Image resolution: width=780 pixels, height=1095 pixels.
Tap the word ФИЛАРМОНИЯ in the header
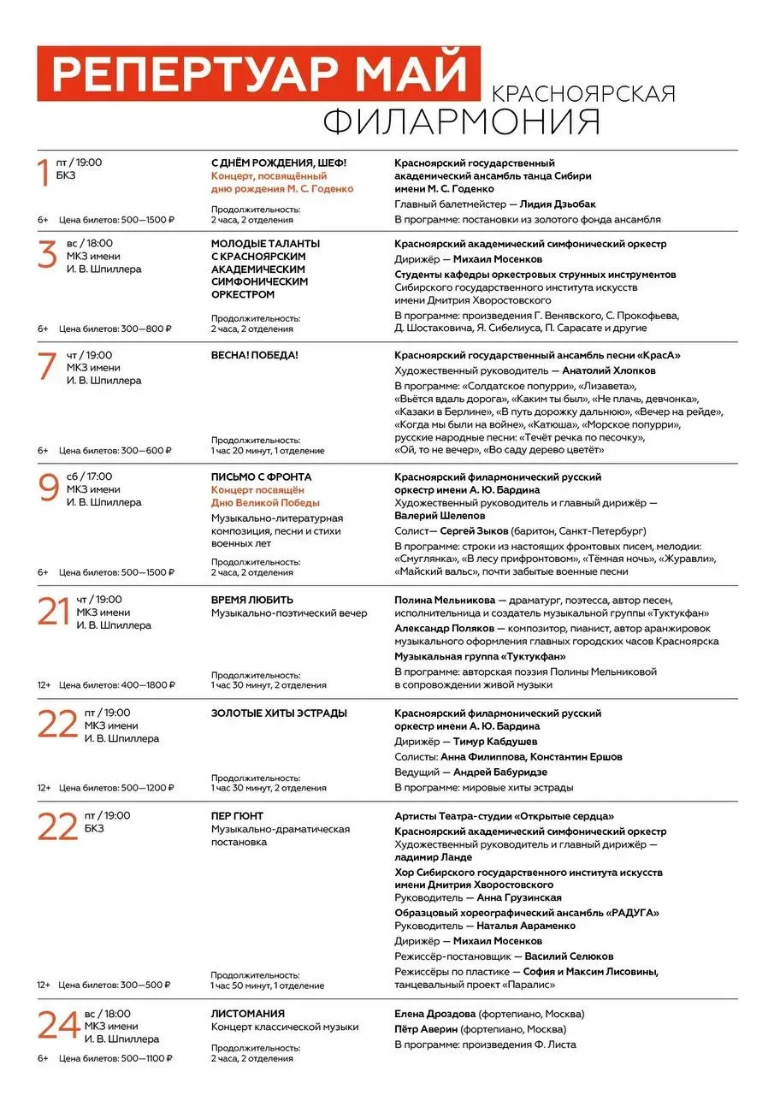click(461, 121)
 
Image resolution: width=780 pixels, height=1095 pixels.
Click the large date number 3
click(47, 255)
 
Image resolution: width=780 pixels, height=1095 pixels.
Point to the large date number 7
click(47, 366)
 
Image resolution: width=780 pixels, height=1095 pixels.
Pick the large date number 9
click(48, 488)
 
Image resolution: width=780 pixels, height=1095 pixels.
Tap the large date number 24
click(58, 1025)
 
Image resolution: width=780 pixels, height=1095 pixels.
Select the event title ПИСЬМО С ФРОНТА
click(261, 476)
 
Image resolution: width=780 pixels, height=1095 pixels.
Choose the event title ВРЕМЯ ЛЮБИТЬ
click(252, 600)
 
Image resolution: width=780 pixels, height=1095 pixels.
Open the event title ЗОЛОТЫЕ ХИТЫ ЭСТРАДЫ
click(279, 713)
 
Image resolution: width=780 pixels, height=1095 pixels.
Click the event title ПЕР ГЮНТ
click(238, 816)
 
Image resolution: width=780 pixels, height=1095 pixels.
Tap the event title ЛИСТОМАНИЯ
click(248, 1014)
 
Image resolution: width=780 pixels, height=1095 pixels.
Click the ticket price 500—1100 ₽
click(141, 1058)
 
